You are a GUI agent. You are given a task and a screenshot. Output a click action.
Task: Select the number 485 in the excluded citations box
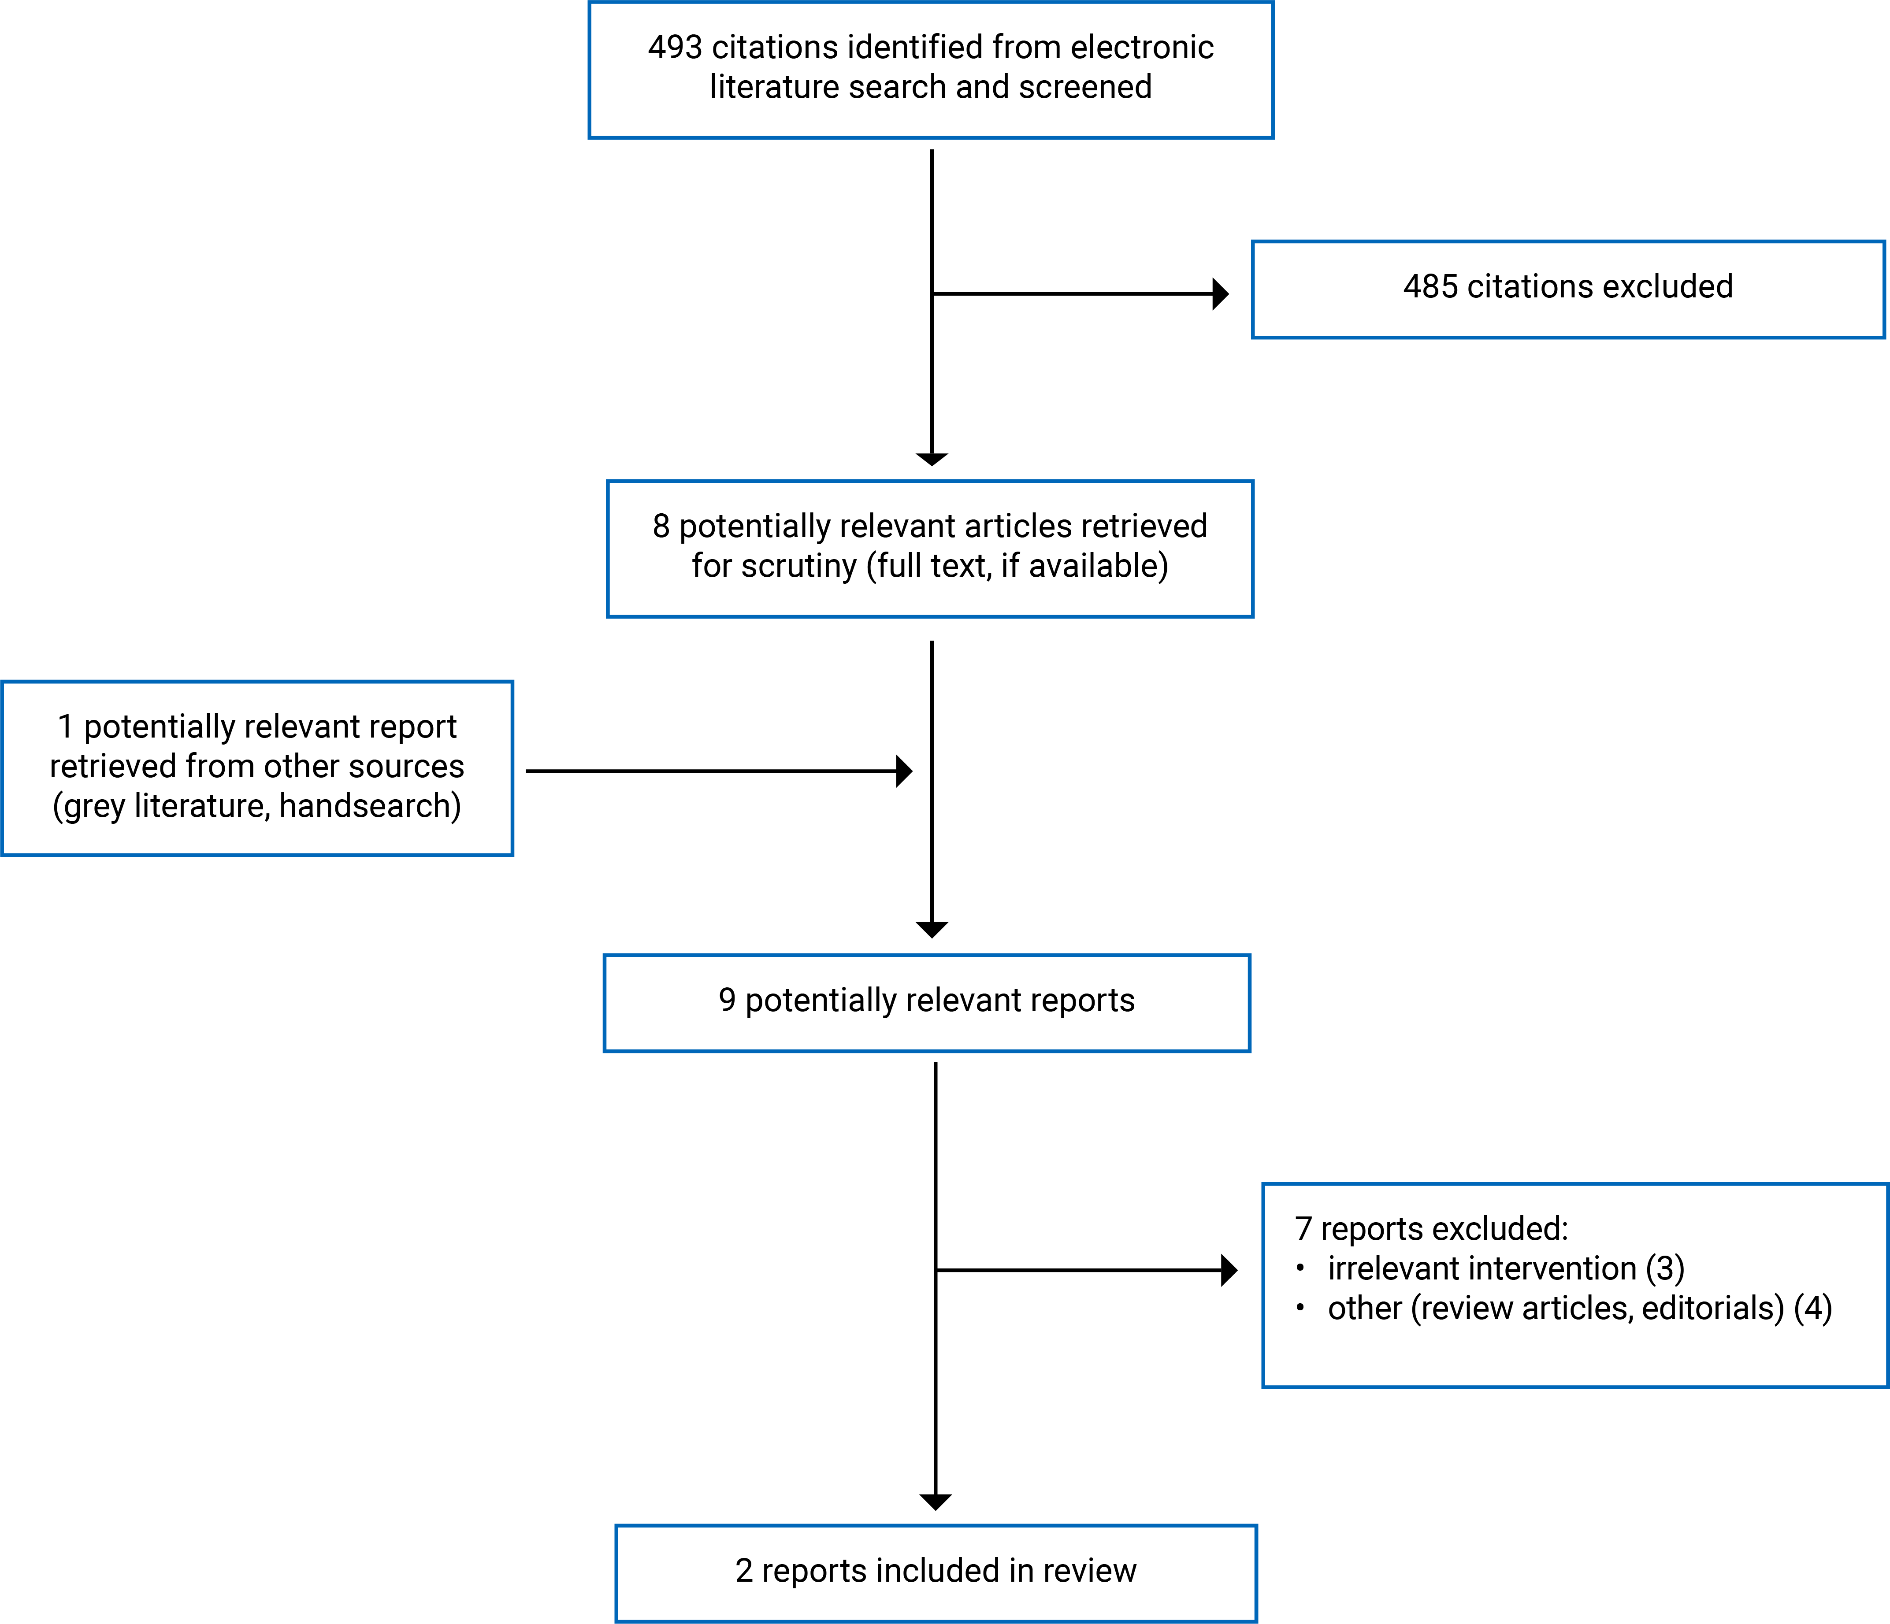click(x=1430, y=286)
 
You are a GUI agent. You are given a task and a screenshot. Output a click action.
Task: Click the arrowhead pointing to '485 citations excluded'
click(x=1221, y=293)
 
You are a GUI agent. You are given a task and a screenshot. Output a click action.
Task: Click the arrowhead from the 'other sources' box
click(x=904, y=771)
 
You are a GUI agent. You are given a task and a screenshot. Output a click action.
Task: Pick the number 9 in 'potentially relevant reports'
click(x=727, y=1000)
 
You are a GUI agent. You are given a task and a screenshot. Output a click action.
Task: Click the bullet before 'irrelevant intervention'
click(x=1300, y=1268)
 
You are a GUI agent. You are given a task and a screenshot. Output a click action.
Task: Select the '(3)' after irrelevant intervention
click(x=1665, y=1268)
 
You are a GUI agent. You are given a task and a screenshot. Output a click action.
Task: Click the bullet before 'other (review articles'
click(x=1300, y=1308)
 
